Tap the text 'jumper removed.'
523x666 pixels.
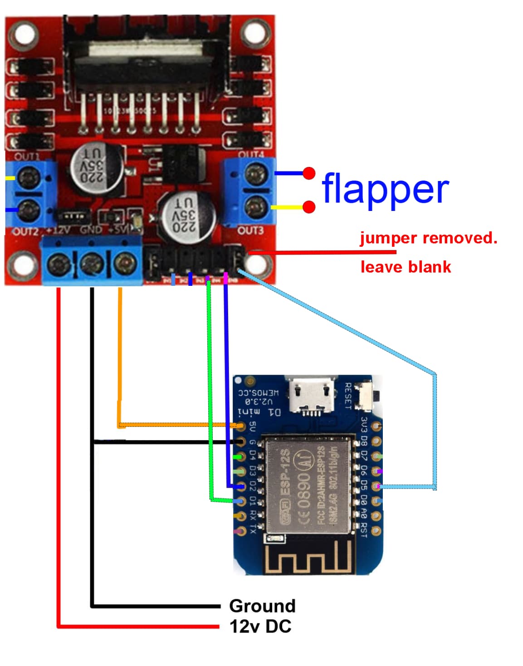(428, 238)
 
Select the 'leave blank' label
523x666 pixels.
(406, 267)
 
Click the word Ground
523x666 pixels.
(262, 606)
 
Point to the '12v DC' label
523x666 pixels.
(260, 627)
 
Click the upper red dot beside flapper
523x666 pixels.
(309, 173)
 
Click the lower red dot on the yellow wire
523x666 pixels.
(309, 207)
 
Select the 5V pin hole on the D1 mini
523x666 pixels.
(241, 426)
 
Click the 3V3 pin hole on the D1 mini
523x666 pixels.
(376, 426)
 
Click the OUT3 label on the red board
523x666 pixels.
(250, 230)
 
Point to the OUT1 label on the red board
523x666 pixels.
(27, 157)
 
